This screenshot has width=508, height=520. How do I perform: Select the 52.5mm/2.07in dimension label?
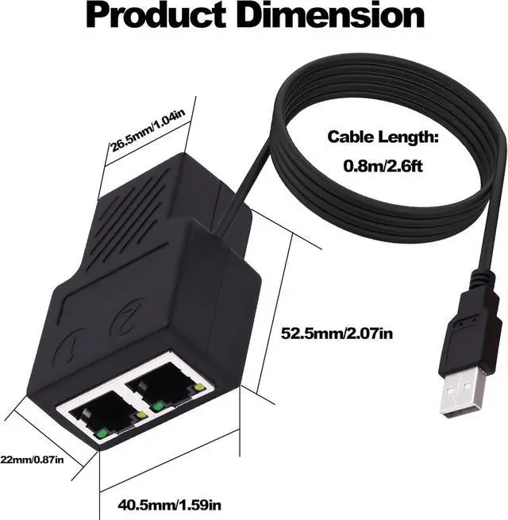pos(337,333)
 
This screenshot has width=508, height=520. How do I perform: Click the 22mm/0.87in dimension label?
pos(32,458)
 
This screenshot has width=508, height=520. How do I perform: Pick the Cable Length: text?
pos(383,137)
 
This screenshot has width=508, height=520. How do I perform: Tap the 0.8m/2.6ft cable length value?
pos(383,167)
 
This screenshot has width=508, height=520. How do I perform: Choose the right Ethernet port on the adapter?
pos(167,383)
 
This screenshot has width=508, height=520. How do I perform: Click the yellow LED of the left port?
pos(141,415)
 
